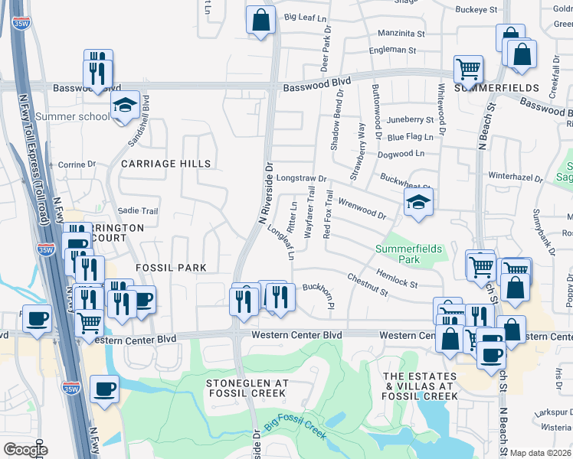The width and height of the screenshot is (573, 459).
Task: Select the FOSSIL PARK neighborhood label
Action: click(171, 268)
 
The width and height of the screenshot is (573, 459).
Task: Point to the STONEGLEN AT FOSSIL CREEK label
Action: click(247, 388)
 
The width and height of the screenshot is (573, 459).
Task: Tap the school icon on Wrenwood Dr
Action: click(418, 202)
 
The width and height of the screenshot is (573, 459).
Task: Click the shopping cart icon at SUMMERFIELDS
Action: click(467, 70)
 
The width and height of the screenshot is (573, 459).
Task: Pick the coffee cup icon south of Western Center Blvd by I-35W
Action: click(104, 389)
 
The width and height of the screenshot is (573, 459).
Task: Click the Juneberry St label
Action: click(411, 120)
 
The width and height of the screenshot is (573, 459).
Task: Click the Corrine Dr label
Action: click(77, 164)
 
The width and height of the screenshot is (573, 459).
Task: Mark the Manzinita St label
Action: click(404, 34)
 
